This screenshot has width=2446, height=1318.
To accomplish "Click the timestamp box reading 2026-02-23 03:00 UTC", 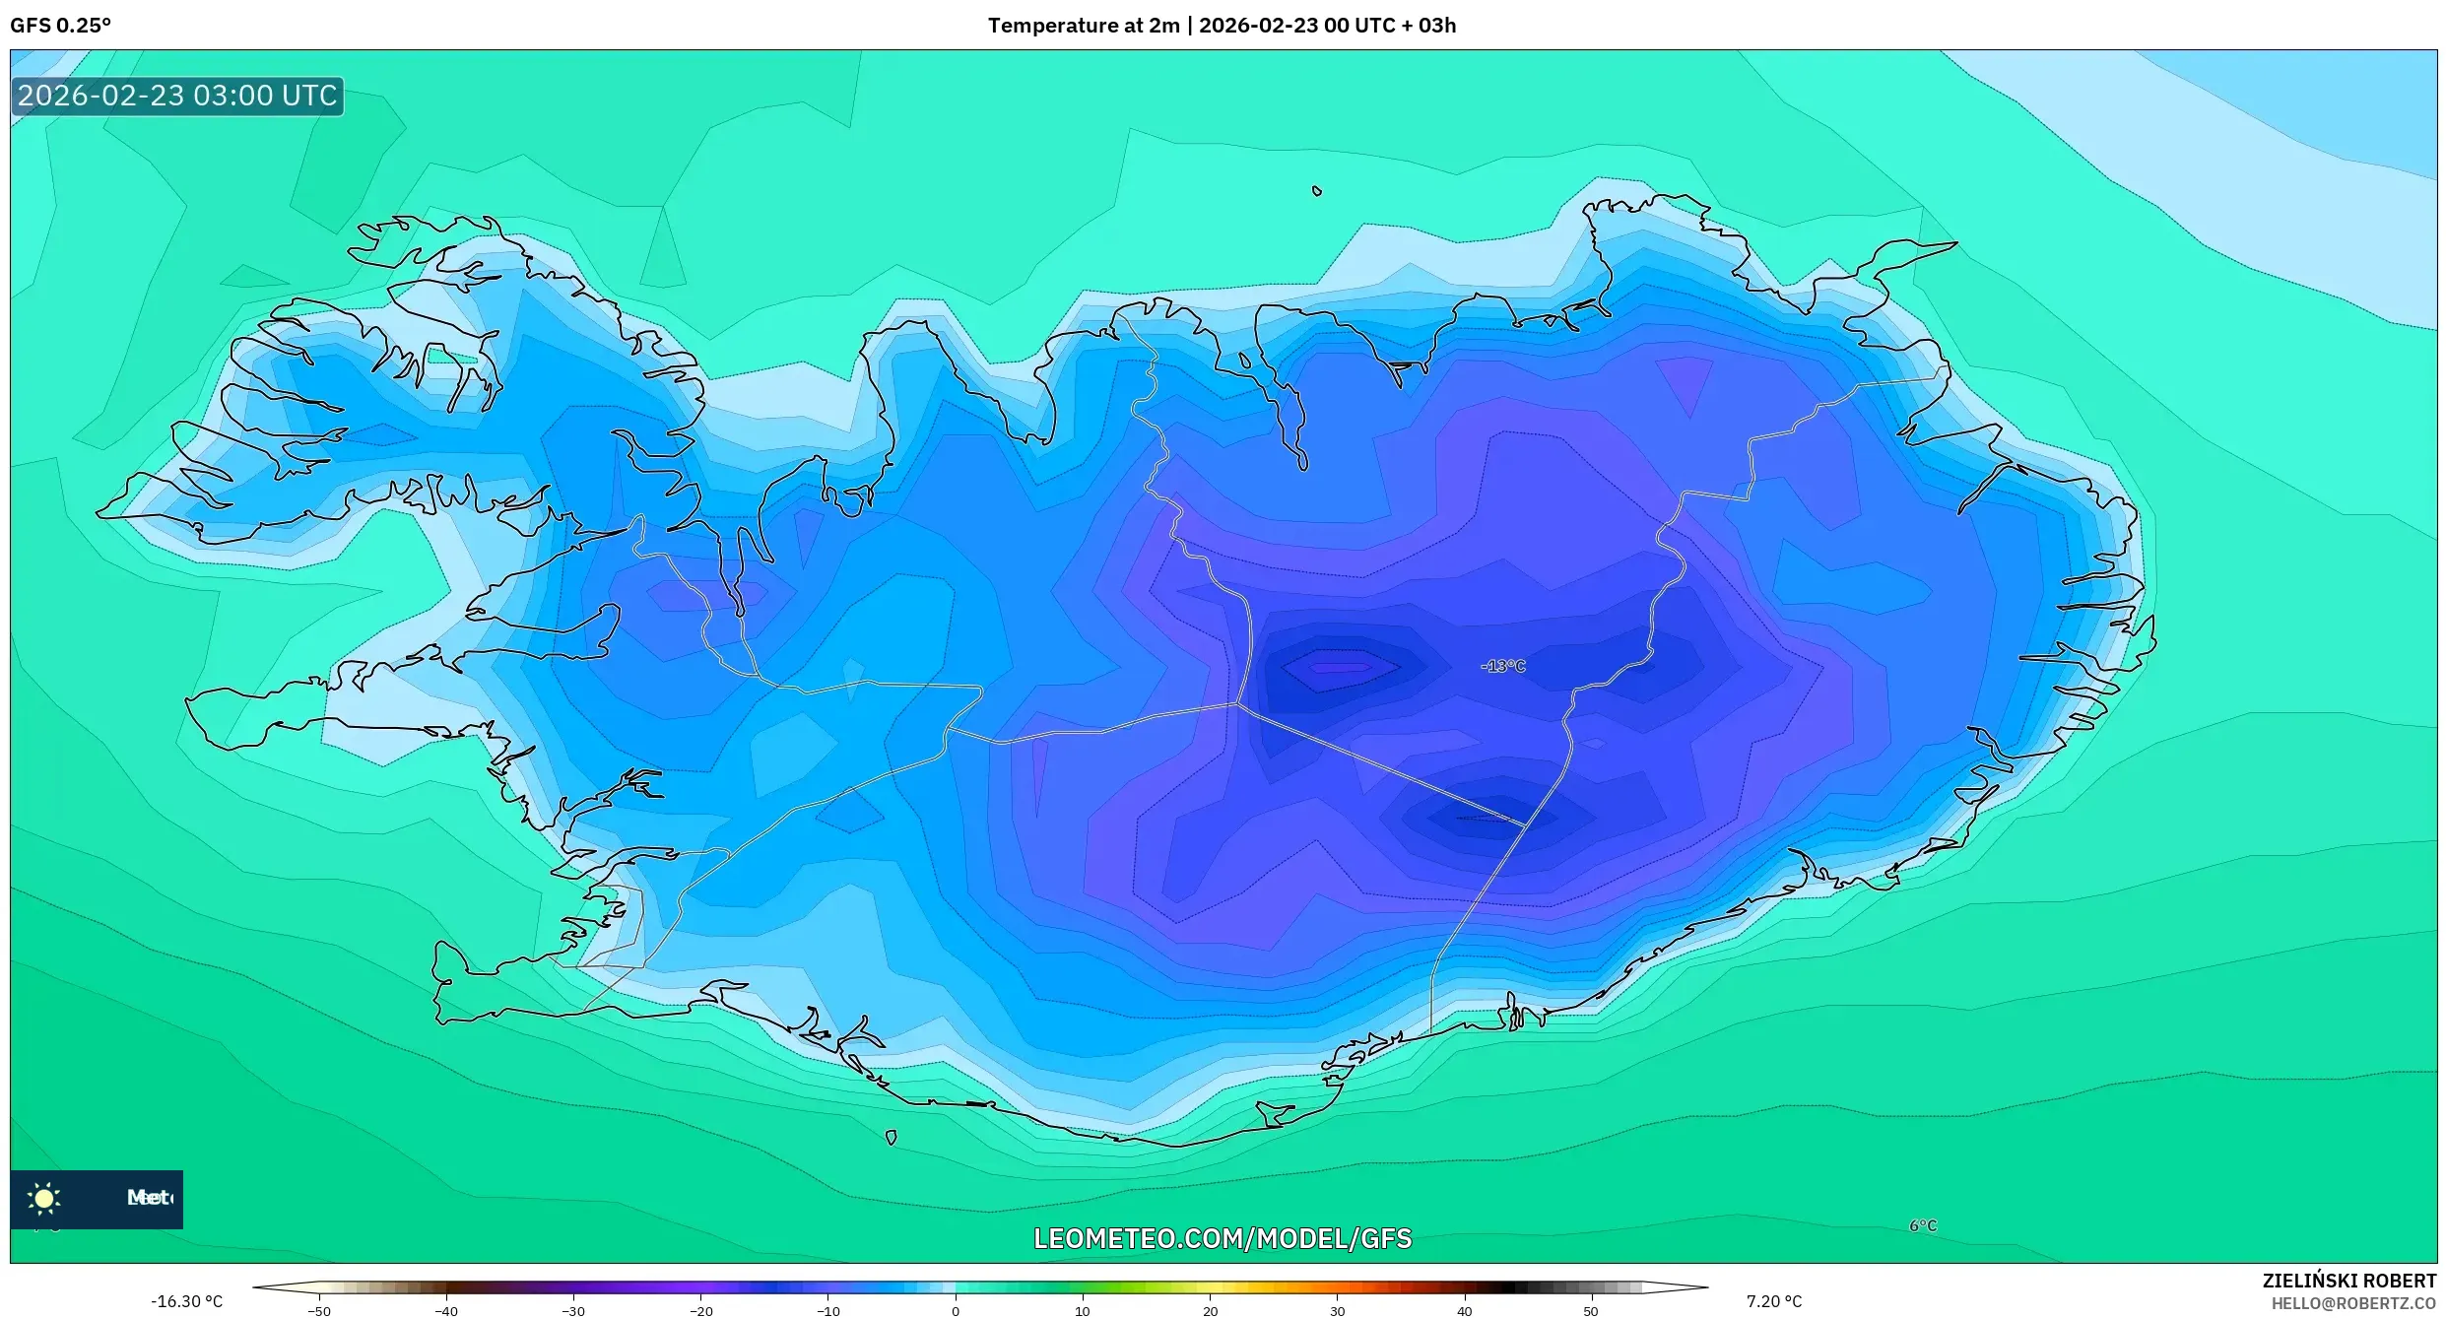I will [x=177, y=96].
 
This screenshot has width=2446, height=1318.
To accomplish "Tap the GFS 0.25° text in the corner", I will [x=60, y=26].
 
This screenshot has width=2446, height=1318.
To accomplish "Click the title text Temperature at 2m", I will [x=1083, y=26].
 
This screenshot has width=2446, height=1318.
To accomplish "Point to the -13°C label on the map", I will [x=1502, y=666].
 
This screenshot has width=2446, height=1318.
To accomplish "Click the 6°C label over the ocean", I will [x=1923, y=1225].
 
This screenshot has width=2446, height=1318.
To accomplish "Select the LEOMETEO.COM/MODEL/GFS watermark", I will [x=1222, y=1238].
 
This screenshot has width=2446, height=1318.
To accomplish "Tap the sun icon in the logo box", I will [x=44, y=1198].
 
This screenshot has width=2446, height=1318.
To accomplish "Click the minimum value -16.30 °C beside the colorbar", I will [x=186, y=1301].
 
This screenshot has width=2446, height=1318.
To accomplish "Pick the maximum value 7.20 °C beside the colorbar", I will [x=1773, y=1301].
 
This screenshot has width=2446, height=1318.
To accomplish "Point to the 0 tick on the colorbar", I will [x=955, y=1310].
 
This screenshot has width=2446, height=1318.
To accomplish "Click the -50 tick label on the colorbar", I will [x=318, y=1310].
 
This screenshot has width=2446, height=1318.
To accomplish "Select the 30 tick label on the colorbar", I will [x=1337, y=1310].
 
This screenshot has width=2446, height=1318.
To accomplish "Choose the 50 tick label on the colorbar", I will [x=1590, y=1310].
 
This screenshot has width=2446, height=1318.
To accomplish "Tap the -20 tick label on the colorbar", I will [x=699, y=1310].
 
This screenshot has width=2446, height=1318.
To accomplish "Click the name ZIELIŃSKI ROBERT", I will [x=2348, y=1281].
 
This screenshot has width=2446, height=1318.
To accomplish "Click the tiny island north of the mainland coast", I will [x=1317, y=191].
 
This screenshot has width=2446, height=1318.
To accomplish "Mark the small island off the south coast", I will [x=891, y=1138].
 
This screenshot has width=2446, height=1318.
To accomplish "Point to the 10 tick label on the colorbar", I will [x=1082, y=1310].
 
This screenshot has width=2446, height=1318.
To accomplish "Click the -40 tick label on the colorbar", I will [x=445, y=1310].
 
